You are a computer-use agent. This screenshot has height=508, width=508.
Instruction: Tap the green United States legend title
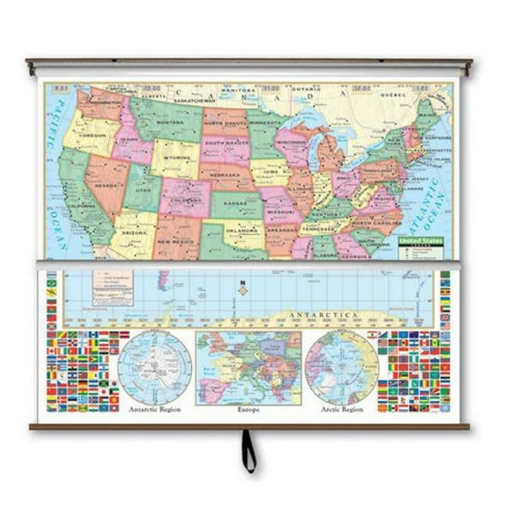tap(420, 241)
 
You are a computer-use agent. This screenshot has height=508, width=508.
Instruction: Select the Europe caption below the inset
tap(248, 410)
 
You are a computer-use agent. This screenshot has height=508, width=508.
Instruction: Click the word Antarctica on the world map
tap(340, 315)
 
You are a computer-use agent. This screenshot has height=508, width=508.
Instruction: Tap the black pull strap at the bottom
tap(249, 452)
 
